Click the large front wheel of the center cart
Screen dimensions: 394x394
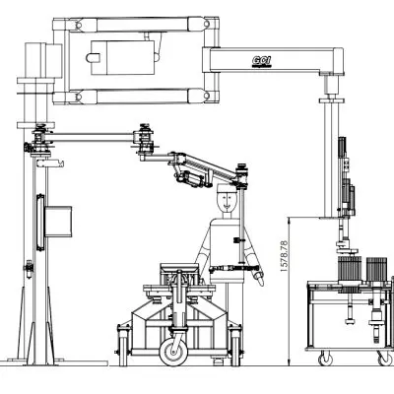176,348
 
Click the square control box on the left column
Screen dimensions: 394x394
60,222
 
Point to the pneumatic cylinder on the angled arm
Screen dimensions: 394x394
192,177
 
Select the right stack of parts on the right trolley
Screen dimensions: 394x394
378,269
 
